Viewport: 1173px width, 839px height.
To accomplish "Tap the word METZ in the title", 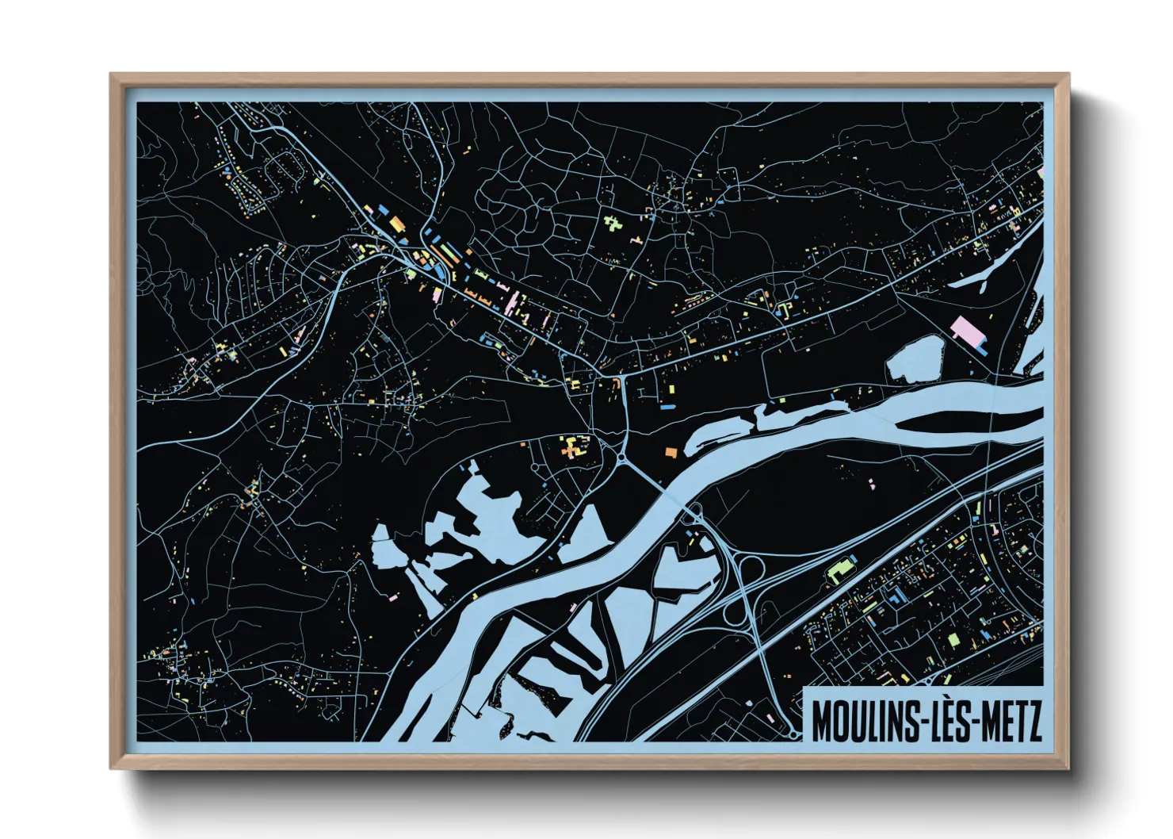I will (x=1011, y=718).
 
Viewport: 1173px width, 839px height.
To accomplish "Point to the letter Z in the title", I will (x=1034, y=718).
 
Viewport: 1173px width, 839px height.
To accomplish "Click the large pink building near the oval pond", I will (x=965, y=328).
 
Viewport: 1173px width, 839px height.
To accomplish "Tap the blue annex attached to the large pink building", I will (x=980, y=344).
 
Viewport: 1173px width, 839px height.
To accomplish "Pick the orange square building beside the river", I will (x=671, y=452).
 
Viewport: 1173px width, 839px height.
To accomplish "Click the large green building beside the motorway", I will (x=838, y=570).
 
